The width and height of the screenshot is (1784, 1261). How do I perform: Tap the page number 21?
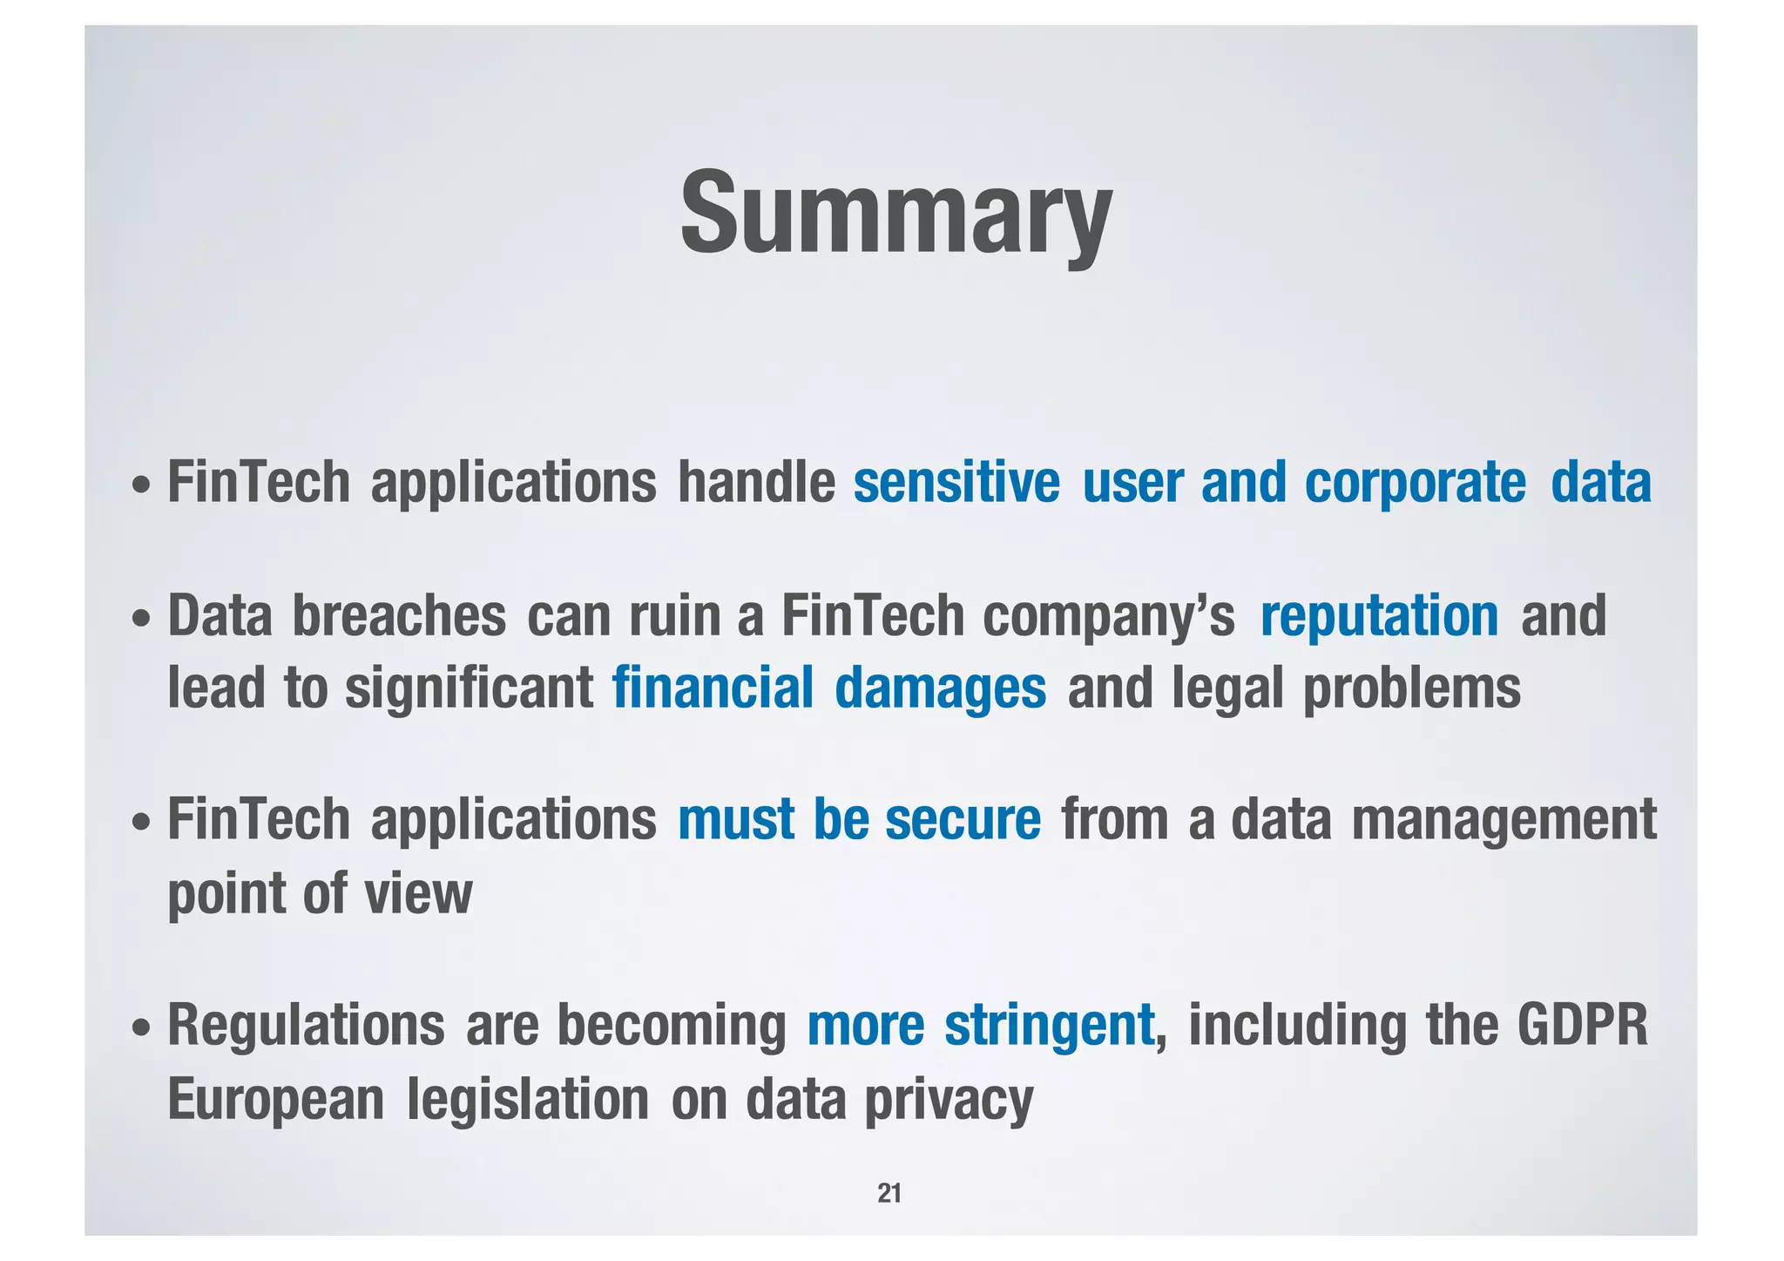point(889,1193)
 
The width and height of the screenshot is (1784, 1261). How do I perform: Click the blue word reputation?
point(1379,617)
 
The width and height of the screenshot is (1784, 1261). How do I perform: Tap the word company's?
point(1108,617)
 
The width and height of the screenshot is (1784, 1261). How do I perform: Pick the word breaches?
point(398,615)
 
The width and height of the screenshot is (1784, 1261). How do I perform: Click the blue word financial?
point(713,688)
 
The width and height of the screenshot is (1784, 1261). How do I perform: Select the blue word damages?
point(940,689)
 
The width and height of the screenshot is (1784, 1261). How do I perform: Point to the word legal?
point(1227,689)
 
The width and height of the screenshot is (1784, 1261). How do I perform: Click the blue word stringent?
point(1049,1027)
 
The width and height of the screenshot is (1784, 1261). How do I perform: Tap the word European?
point(275,1100)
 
